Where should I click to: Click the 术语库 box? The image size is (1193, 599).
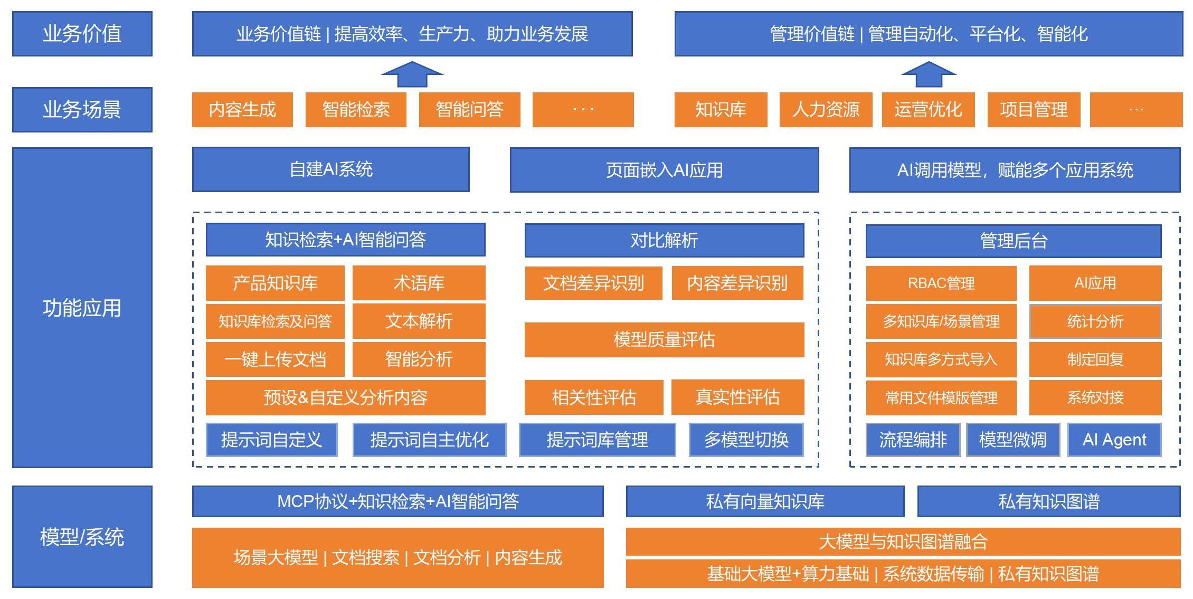(419, 283)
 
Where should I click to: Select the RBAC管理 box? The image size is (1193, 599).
(941, 283)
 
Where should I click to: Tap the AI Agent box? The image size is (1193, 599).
(1114, 440)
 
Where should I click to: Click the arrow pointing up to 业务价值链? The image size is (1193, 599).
(412, 74)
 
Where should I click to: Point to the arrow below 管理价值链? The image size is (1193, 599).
(929, 74)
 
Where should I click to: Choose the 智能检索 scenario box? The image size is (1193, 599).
(356, 110)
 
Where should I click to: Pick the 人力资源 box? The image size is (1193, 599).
(826, 110)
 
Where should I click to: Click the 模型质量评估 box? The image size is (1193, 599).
(664, 339)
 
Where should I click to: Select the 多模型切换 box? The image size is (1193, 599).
(746, 440)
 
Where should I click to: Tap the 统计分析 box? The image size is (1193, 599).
(1095, 321)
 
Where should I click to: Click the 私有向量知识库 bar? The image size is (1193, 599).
(765, 501)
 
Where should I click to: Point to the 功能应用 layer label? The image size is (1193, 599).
(82, 308)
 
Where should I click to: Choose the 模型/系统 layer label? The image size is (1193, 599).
(82, 537)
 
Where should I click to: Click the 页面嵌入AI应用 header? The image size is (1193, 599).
(664, 170)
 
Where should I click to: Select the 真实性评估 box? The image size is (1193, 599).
(737, 397)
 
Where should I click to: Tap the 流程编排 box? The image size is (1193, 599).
(913, 440)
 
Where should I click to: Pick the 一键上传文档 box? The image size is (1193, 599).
(275, 359)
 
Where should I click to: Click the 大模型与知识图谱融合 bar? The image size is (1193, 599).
(903, 541)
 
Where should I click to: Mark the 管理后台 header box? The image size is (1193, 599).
(1014, 241)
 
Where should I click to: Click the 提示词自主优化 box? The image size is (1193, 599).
(429, 440)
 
